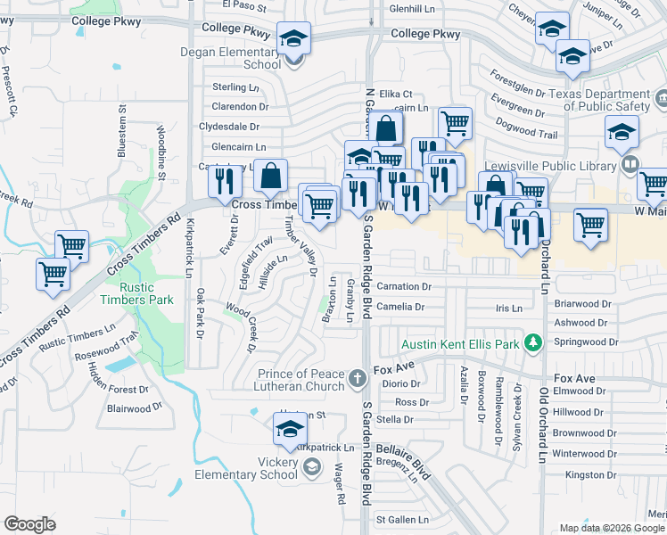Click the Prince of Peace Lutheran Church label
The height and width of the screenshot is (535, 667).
coord(301,380)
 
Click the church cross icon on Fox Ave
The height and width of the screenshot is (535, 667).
coord(357,379)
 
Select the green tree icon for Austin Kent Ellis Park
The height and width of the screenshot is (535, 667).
coord(533,342)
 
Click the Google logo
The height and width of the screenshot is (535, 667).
coord(30,523)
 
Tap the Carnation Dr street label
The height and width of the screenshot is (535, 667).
coord(404,287)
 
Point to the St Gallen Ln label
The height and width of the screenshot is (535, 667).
coord(402,519)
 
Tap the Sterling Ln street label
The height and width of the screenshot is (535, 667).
coord(235,87)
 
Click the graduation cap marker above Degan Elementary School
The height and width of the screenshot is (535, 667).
coord(293,39)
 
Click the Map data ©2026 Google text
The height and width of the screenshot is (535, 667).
coord(611,528)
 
